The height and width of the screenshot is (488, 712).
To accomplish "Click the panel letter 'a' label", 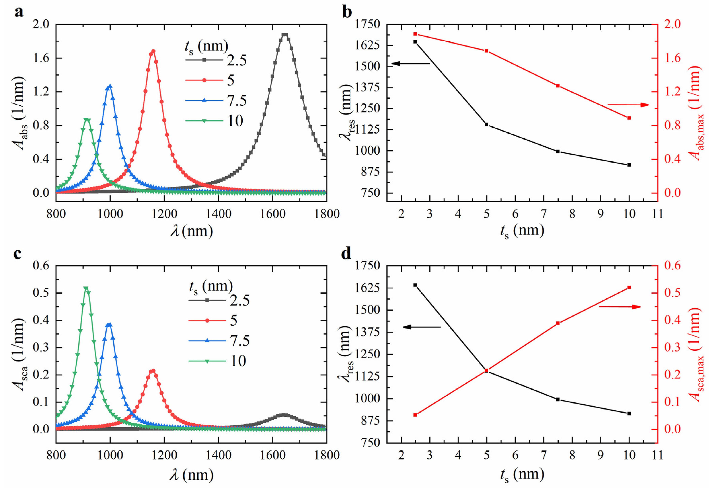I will click(x=19, y=12).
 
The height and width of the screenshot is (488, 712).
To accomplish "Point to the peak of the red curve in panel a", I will click(x=153, y=51).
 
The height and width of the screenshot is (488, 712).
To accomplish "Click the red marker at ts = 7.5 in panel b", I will click(x=558, y=86).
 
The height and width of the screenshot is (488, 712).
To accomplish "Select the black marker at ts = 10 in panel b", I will click(x=629, y=165).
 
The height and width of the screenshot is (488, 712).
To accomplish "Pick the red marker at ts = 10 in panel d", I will click(x=629, y=287).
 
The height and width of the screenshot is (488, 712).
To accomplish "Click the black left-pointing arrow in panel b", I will click(x=411, y=63).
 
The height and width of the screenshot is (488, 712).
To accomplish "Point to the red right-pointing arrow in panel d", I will click(x=619, y=307).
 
